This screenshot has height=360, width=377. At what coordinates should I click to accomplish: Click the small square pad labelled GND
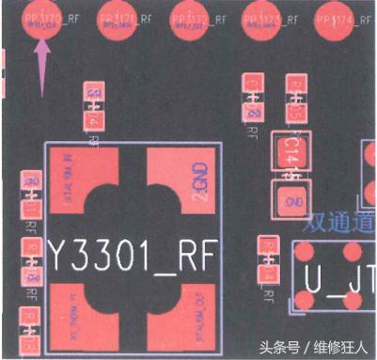[288, 199]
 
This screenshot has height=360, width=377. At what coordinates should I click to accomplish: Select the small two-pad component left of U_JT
[268, 261]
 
